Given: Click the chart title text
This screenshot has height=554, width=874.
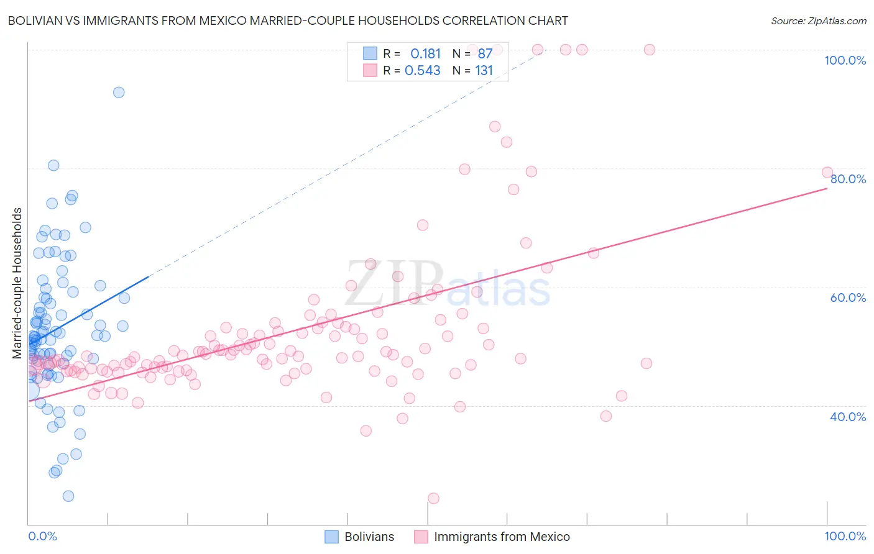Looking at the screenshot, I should click(287, 20).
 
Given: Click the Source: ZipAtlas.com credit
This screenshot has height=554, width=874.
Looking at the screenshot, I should click(818, 20).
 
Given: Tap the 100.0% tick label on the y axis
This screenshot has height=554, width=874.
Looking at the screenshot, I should click(845, 60).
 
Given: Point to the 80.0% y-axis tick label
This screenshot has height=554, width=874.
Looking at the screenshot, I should click(848, 179).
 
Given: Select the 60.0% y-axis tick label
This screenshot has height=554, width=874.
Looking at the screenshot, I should click(848, 297).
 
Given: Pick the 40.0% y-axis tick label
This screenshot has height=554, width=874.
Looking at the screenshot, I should click(848, 417).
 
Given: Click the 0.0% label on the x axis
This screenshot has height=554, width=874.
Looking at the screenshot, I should click(42, 536).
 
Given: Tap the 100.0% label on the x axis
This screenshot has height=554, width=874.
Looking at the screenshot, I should click(845, 536).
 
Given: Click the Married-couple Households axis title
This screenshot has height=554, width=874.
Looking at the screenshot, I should click(17, 283).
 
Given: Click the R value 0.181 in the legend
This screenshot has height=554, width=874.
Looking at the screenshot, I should click(425, 54).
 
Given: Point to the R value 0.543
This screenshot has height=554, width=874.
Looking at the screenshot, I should click(423, 71).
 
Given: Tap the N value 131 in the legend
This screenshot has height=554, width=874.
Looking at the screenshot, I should click(484, 71).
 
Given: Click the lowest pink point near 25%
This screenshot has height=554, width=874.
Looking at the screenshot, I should click(433, 498).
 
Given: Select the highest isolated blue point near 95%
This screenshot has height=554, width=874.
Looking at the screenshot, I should click(119, 93).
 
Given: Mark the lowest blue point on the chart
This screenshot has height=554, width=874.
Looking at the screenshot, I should click(68, 496).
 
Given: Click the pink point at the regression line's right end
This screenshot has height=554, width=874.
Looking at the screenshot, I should click(827, 173).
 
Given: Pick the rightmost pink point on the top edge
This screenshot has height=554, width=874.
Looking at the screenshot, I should click(650, 50).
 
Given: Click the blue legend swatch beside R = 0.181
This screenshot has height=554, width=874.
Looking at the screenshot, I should click(370, 54).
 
